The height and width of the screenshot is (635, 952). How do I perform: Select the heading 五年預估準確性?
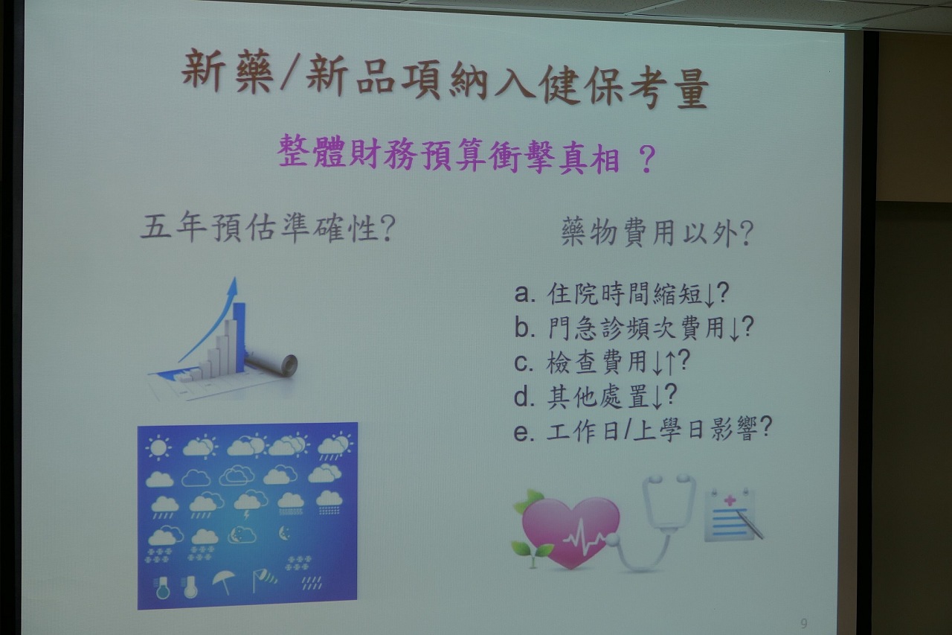point(268,229)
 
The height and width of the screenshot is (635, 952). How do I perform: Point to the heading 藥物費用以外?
point(657,233)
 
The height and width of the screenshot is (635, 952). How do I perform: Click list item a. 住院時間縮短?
point(622,293)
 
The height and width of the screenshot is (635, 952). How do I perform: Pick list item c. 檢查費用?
point(602,362)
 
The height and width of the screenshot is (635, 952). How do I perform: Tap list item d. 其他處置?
point(596,396)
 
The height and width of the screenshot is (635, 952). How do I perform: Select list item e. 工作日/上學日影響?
point(643,430)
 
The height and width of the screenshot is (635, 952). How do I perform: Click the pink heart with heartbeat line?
point(570,532)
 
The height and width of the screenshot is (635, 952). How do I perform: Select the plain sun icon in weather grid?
point(158,447)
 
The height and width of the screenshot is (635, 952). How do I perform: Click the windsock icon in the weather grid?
point(263,579)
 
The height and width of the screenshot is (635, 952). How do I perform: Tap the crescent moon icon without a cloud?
point(284,533)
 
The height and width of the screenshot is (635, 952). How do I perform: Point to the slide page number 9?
point(804,623)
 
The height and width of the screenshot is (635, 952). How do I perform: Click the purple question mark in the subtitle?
point(646,159)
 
